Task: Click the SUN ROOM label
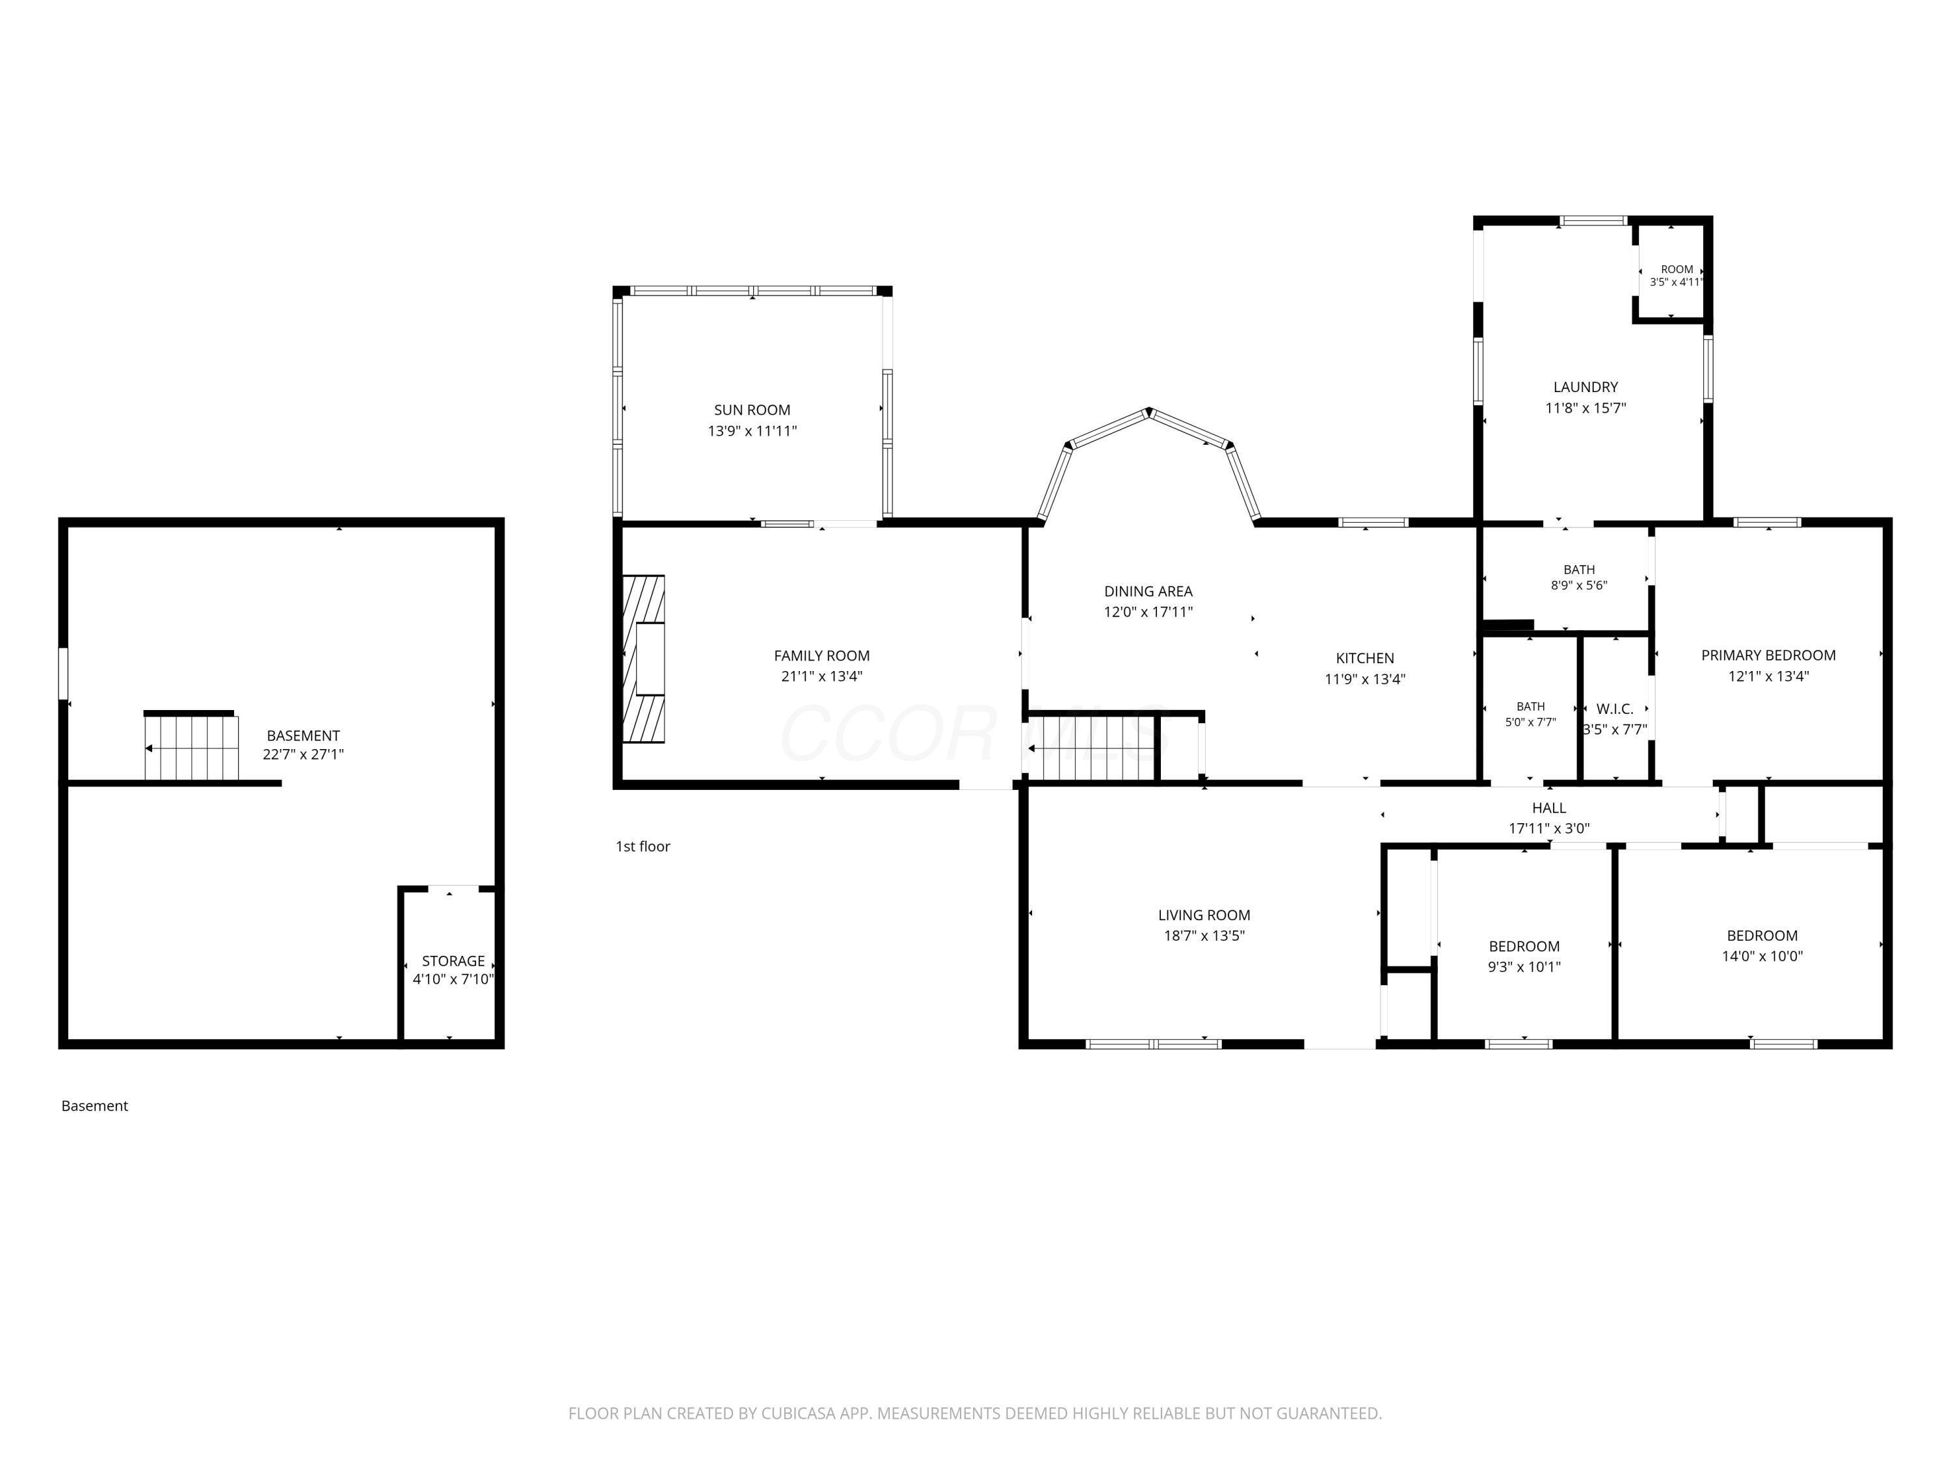[x=752, y=410]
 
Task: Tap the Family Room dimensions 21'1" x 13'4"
[x=821, y=676]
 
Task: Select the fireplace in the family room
[x=644, y=659]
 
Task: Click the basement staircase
[x=191, y=747]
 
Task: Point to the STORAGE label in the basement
[x=453, y=961]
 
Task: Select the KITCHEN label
[x=1364, y=658]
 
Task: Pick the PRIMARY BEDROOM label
[x=1768, y=655]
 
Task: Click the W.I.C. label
[x=1614, y=709]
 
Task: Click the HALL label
[x=1549, y=808]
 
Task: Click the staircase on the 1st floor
[x=1091, y=750]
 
